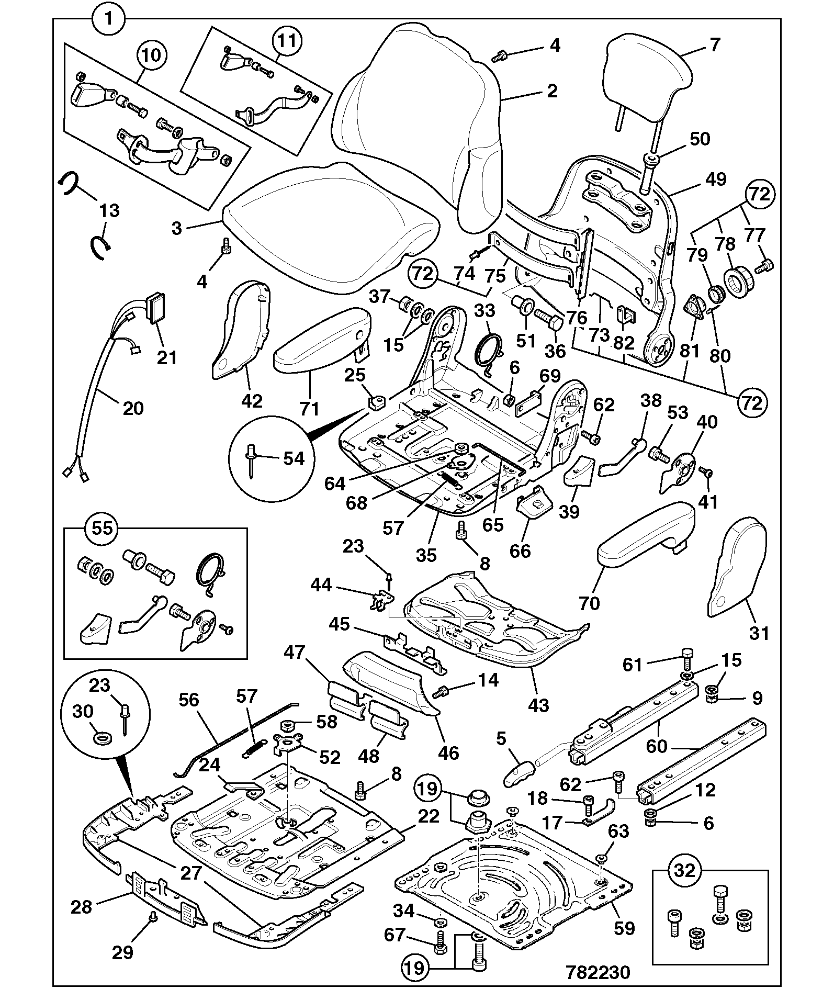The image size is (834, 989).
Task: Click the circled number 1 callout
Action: [x=109, y=19]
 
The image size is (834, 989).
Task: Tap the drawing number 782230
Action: [x=598, y=972]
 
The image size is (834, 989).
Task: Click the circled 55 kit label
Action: [x=103, y=527]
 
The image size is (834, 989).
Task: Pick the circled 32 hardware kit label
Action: [x=685, y=870]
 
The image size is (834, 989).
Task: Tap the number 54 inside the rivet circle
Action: [x=293, y=459]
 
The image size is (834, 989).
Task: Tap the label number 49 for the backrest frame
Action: [x=716, y=179]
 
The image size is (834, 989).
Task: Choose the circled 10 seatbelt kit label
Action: [x=152, y=55]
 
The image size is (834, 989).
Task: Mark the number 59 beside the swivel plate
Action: [x=624, y=928]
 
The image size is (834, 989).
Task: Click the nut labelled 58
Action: [x=287, y=726]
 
